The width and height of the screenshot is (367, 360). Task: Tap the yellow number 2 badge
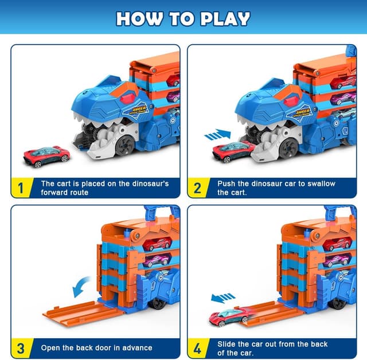point(197,187)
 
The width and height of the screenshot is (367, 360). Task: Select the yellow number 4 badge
point(197,347)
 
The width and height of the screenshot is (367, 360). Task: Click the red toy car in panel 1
point(46,155)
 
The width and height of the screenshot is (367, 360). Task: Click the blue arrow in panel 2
point(217,135)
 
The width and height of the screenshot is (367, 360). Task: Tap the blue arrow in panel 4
point(223,298)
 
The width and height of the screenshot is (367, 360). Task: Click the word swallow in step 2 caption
point(318,183)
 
